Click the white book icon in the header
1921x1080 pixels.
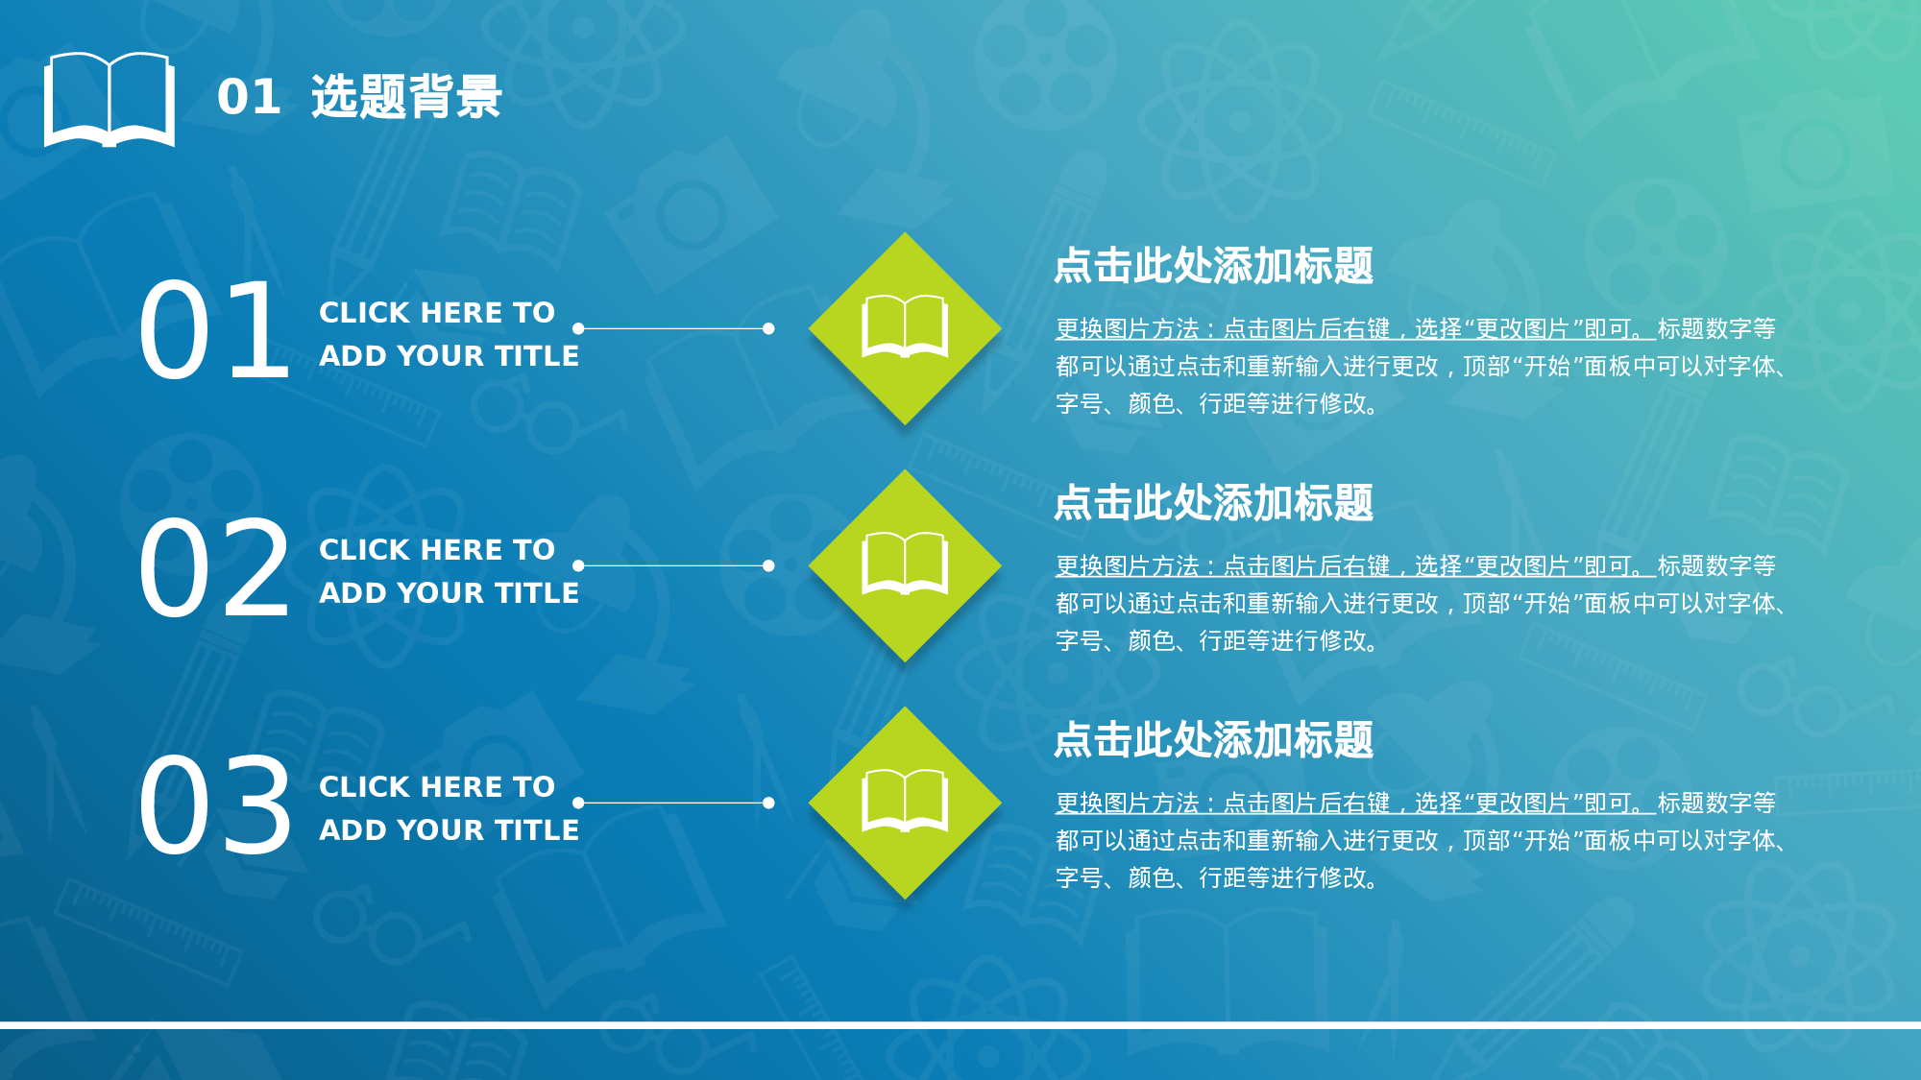(109, 99)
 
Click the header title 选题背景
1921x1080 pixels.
(406, 97)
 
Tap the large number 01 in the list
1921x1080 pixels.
(213, 329)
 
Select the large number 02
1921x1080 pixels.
(213, 566)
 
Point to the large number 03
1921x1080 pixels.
(213, 804)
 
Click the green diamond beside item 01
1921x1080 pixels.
(905, 328)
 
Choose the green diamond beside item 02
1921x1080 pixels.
(905, 565)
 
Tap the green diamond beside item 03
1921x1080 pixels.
(905, 803)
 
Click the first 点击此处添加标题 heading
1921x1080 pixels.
(1213, 266)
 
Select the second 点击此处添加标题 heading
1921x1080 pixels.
(1213, 503)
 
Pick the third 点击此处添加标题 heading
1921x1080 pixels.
(1213, 740)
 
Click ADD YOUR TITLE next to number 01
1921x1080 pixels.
(449, 356)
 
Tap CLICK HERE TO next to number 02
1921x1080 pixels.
(437, 550)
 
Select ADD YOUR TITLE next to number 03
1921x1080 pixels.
(449, 830)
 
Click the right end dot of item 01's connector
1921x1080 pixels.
(768, 328)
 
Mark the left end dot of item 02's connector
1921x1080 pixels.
(578, 565)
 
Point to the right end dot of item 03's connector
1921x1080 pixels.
(768, 803)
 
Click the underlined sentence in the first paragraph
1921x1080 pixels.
(1354, 329)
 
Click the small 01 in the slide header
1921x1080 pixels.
(249, 97)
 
